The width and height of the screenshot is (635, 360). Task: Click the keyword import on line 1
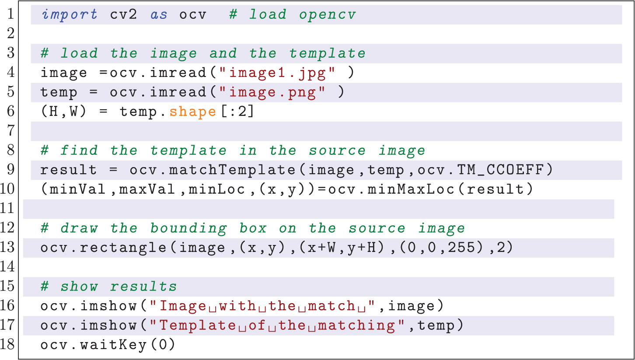[70, 15]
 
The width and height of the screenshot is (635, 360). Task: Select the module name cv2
[123, 14]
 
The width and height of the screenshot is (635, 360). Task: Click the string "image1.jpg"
[277, 73]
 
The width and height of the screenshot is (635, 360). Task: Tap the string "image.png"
[272, 92]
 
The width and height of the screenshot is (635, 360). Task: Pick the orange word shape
[193, 112]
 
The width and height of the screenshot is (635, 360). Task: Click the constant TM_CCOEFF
[501, 170]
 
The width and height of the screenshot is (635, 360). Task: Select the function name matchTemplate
[233, 170]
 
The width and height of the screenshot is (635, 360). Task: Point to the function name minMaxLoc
[411, 189]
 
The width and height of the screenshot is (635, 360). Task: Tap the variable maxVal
[147, 189]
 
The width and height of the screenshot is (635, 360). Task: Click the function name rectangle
[123, 248]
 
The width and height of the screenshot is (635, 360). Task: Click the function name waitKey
[113, 345]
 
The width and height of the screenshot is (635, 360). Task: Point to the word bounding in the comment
[188, 228]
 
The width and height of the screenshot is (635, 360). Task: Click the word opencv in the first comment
[328, 15]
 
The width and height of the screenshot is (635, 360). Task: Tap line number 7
[11, 131]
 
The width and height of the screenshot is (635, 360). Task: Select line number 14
[7, 266]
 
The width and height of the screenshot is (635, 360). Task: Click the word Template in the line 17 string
[198, 325]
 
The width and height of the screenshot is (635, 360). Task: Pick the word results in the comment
[143, 287]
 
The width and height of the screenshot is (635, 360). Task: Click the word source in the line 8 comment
[337, 150]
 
